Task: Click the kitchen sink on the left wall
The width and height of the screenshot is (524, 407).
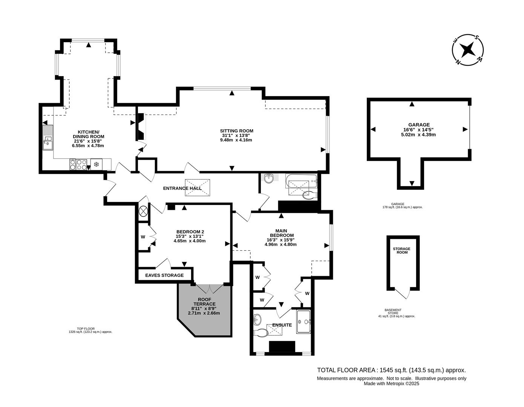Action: tap(48, 138)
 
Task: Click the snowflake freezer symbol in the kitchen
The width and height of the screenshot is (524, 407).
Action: tap(96, 164)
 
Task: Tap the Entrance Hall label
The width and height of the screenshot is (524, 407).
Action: tap(182, 188)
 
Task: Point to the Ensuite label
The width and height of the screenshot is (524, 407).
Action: tap(282, 325)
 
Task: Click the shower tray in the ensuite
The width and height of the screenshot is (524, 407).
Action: tap(303, 321)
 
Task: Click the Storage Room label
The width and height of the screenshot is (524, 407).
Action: tap(401, 251)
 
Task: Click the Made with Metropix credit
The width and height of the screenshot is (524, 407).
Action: tap(391, 384)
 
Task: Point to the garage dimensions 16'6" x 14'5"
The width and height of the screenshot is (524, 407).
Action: tap(419, 130)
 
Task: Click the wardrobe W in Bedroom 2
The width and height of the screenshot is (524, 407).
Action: tap(143, 237)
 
